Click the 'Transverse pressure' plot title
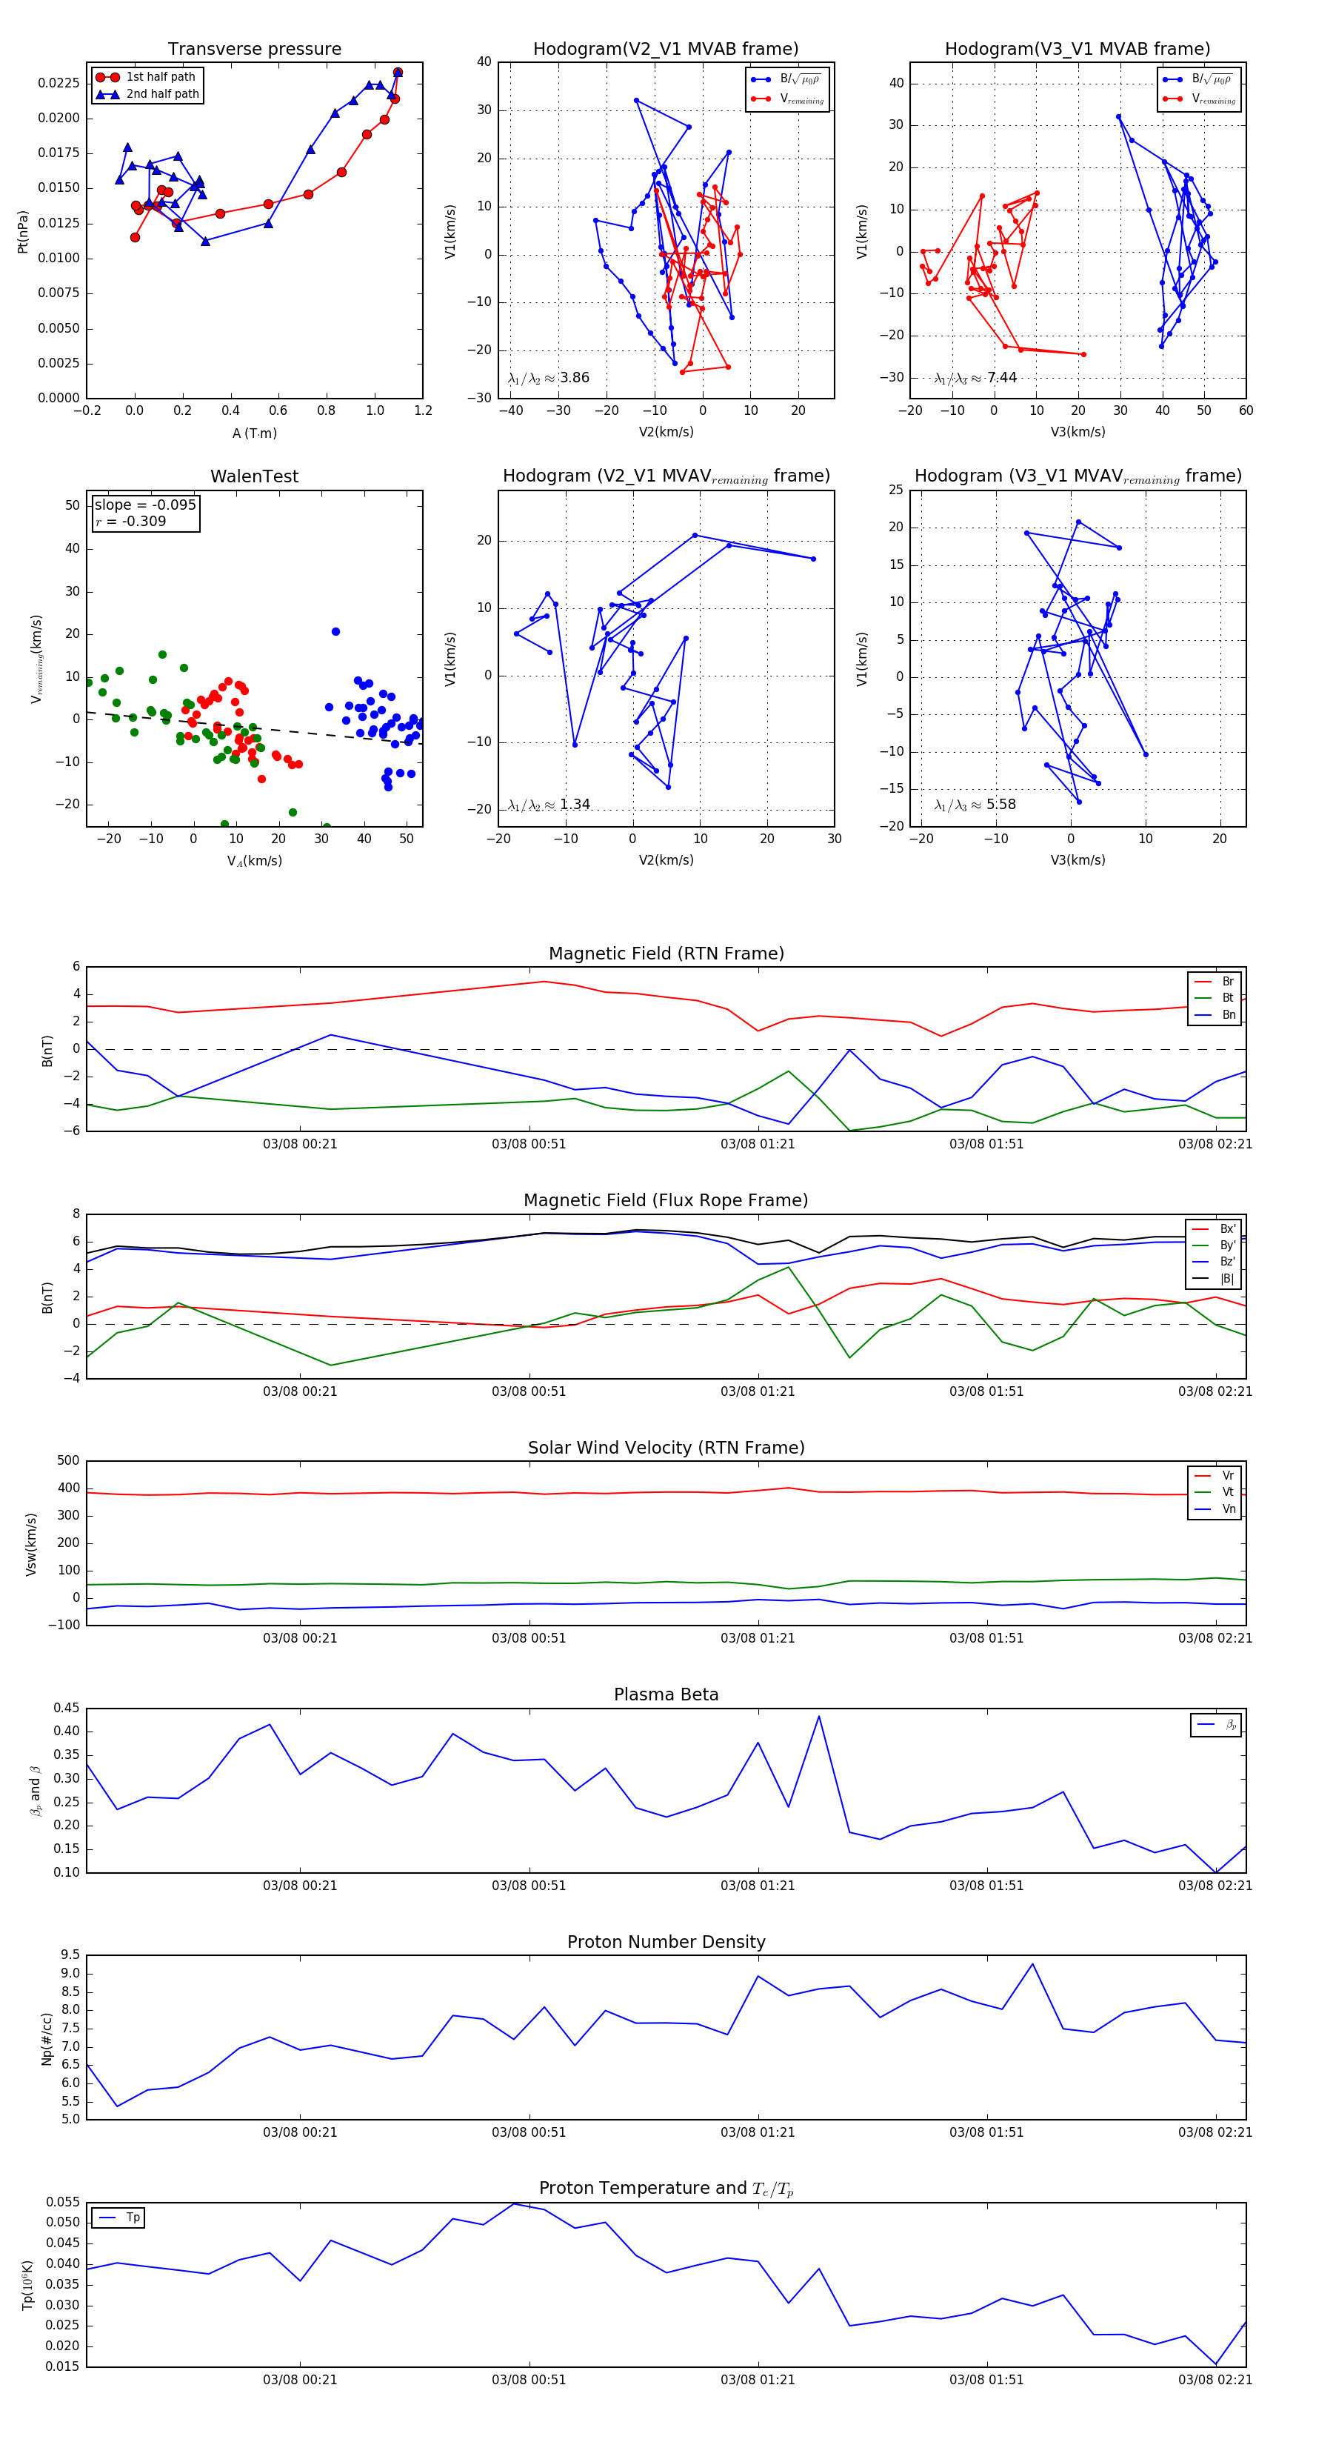point(254,50)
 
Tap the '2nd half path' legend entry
point(162,94)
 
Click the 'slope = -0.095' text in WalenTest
point(145,505)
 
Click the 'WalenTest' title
point(254,476)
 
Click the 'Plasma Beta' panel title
point(666,1695)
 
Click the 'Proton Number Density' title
point(666,1942)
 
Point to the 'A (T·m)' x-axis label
point(254,433)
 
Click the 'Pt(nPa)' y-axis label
point(23,232)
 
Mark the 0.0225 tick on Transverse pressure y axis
point(59,84)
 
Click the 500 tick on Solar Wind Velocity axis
point(68,1461)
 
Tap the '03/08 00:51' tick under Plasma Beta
point(529,1886)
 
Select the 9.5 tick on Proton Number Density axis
point(70,1955)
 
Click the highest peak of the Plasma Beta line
point(819,1716)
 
